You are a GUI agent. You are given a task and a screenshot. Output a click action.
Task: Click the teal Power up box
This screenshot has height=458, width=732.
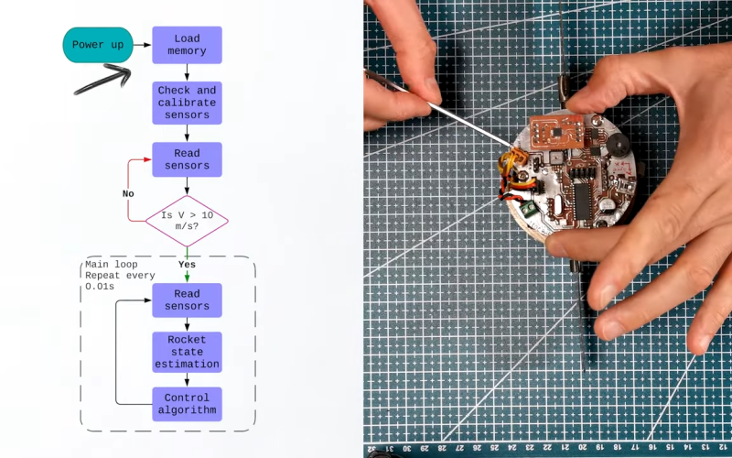coord(96,45)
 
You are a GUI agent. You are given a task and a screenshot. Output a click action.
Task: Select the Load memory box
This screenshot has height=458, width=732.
coord(187,45)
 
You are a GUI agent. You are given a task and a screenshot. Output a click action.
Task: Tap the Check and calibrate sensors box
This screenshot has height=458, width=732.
coord(187,103)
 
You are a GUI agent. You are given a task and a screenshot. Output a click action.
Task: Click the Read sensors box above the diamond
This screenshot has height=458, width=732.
coord(187,159)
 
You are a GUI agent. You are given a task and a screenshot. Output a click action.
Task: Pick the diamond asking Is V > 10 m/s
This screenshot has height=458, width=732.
coord(187,221)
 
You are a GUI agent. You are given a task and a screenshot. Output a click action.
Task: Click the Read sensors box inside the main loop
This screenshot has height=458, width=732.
coord(187,300)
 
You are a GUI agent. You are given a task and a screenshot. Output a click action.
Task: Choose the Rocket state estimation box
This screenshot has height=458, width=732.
coord(187,352)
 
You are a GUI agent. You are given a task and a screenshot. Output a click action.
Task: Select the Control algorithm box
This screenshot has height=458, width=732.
coord(187,404)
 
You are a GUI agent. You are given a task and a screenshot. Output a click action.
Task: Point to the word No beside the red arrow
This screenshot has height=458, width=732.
coord(129,193)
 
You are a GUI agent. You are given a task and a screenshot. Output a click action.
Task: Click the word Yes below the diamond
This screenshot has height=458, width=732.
coord(187,265)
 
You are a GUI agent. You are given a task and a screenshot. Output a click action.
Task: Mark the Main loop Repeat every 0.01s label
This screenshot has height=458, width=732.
coord(120,275)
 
